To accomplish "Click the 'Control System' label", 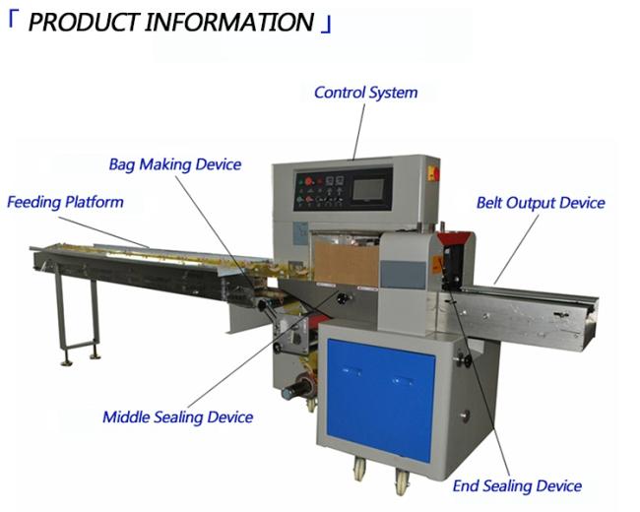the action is click(365, 93).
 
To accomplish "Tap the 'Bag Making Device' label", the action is click(174, 164).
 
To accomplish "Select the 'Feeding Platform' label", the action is click(65, 202).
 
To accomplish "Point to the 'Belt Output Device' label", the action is click(541, 203).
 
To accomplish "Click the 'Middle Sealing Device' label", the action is click(177, 417).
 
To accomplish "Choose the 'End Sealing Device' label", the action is click(517, 485).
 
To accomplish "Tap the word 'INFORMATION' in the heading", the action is click(229, 22).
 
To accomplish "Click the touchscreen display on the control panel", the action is click(368, 189).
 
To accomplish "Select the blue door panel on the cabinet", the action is click(380, 400).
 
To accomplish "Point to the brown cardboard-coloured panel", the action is click(347, 262).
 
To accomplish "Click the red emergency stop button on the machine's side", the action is click(433, 173).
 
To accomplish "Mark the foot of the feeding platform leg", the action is click(67, 363).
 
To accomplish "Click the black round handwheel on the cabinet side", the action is click(464, 360).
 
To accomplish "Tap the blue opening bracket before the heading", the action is click(13, 20).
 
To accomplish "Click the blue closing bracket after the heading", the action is click(326, 25).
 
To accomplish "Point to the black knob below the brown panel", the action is click(342, 299).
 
